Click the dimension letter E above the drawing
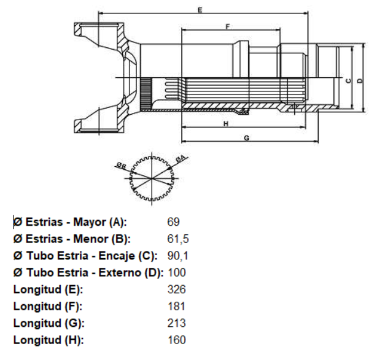coord(200,10)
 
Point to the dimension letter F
coord(228,26)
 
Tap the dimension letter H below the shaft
coord(226,124)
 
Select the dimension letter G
coord(246,138)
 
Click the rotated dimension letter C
coord(348,81)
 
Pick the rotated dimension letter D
coord(360,81)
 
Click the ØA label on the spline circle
coord(181,159)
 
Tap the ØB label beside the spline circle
coord(122,166)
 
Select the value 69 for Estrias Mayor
coord(173,222)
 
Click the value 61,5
coord(178,239)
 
